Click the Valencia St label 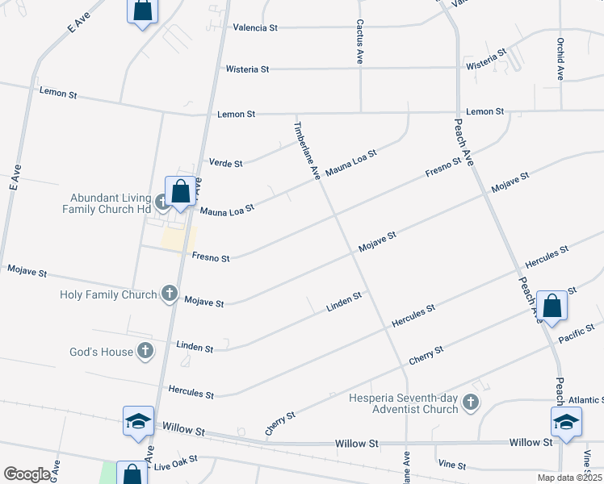coord(255,27)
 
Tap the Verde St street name coord(226,164)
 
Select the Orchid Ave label coord(560,59)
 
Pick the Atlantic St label coord(585,400)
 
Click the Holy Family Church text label coord(108,294)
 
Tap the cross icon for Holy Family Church coord(170,294)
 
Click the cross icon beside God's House coord(145,350)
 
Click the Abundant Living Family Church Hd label coord(111,202)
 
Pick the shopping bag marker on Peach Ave coord(552,307)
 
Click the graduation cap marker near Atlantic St coord(566,422)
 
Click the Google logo coord(26,474)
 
